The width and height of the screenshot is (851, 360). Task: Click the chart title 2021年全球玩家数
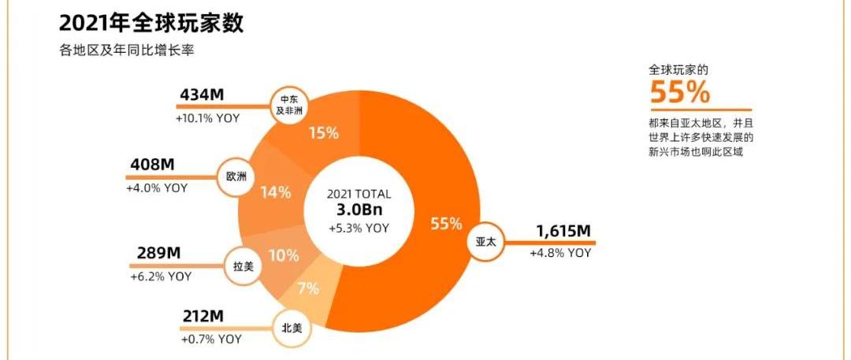[x=151, y=22]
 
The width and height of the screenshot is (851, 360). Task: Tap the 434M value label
[x=202, y=95]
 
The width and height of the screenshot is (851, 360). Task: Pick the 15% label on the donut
[x=323, y=133]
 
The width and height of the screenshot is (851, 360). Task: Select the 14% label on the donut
[x=276, y=191]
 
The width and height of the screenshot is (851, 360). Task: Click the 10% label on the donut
[x=283, y=256]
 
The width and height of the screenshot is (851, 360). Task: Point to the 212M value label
[x=203, y=317]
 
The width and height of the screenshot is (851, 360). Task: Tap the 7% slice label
[x=308, y=289]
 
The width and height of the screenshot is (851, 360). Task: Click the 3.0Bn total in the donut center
[x=359, y=210]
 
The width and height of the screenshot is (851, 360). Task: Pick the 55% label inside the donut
[x=446, y=224]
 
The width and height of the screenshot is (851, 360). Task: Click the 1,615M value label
[x=563, y=231]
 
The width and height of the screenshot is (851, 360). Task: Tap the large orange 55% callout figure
[x=680, y=93]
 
